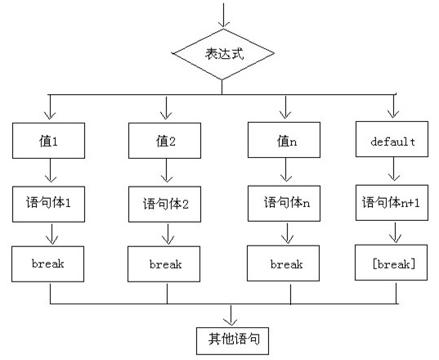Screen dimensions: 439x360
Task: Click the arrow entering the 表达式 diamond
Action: tap(223, 16)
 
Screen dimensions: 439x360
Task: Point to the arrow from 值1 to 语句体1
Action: tap(51, 170)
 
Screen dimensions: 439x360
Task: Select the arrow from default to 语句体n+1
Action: tap(394, 169)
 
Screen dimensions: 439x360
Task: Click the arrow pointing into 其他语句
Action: tap(231, 316)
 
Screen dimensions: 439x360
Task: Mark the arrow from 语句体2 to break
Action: tap(168, 234)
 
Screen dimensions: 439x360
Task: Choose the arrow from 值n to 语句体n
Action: tap(286, 170)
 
